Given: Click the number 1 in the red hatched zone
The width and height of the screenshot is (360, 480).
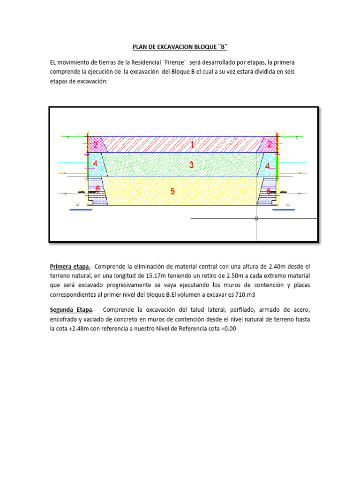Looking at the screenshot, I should coord(192,145).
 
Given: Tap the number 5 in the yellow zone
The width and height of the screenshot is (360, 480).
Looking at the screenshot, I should coord(173,191).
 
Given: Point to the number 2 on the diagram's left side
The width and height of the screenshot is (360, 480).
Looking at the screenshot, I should coord(95,145).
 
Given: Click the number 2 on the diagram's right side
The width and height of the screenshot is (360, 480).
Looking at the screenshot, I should coord(270,145).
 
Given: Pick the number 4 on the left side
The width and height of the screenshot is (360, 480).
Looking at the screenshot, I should coord(95,164).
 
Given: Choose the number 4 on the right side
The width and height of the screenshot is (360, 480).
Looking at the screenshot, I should coord(268,166).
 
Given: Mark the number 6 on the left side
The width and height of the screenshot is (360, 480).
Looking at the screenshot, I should coord(97,189).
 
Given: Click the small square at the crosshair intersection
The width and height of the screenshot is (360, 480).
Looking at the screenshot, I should coord(256,218).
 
